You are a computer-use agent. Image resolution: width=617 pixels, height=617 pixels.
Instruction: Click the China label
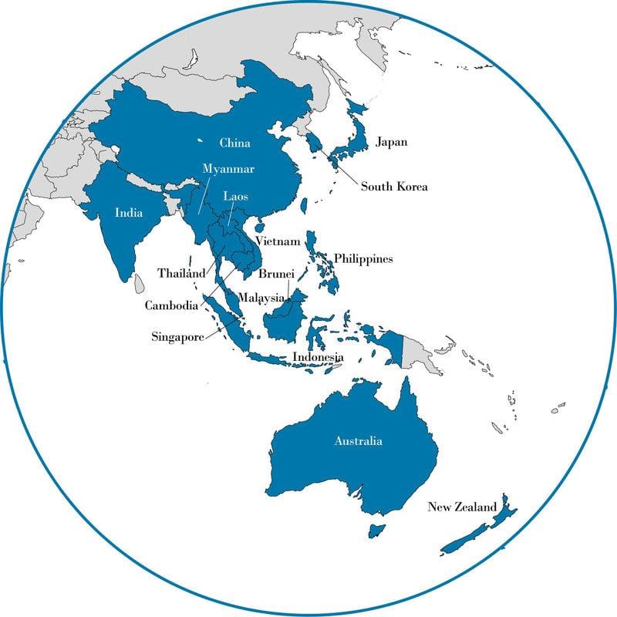234,143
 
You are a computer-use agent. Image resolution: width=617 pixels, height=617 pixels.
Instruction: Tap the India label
128,214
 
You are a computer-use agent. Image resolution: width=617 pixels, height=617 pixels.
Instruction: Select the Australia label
358,442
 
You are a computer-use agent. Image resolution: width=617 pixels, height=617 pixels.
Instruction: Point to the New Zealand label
463,507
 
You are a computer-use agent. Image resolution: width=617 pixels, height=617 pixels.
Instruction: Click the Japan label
392,142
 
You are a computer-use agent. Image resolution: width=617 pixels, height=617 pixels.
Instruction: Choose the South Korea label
395,187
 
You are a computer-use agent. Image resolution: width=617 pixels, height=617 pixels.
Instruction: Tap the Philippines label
363,258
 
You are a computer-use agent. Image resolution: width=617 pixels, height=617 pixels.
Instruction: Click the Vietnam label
278,241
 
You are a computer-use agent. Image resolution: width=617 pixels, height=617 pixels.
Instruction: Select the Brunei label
275,274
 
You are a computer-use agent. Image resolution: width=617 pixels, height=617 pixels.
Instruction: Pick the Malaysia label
261,298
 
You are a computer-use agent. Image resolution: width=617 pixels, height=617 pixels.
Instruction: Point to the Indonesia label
318,357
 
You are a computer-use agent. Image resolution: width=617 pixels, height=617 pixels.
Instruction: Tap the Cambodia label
171,305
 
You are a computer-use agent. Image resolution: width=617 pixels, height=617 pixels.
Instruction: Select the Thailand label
181,273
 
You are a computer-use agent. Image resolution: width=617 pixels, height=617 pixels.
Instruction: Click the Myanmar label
228,168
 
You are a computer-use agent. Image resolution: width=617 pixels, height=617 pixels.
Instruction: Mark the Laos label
235,197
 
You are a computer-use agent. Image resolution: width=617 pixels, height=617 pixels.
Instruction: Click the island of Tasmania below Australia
377,531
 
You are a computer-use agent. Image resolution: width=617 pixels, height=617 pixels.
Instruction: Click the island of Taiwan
303,206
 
